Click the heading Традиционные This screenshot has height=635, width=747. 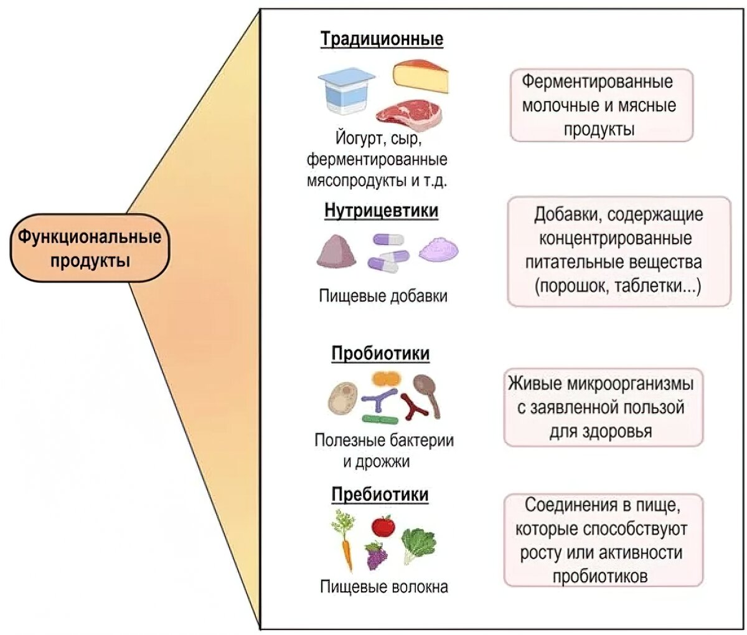(382, 39)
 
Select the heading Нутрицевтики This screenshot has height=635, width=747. (381, 211)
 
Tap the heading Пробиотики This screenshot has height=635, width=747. (380, 353)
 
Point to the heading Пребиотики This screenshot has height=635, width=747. (380, 494)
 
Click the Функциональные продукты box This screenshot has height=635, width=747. (89, 247)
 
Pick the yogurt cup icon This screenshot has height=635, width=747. (346, 91)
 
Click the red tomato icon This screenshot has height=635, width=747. (383, 526)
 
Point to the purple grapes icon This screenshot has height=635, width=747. (375, 555)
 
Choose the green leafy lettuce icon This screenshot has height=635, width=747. (418, 544)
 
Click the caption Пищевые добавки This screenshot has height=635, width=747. (383, 295)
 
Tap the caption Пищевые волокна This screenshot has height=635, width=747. (383, 586)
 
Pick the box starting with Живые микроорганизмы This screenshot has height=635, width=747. (603, 408)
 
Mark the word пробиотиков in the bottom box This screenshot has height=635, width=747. (600, 576)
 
